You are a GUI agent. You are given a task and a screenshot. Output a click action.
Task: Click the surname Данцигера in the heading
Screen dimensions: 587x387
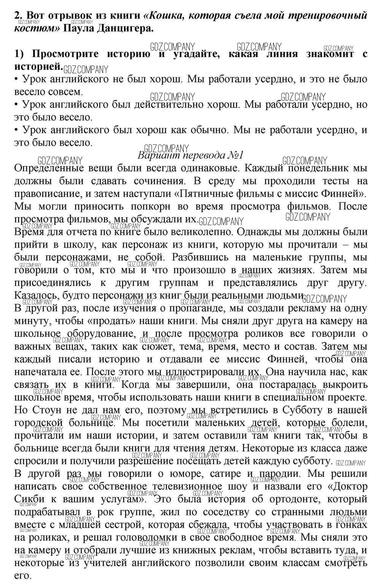coord(121,28)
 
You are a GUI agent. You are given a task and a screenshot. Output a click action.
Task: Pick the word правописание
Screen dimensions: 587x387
coord(46,194)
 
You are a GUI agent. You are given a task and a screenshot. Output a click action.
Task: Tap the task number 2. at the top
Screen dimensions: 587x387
coord(19,16)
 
